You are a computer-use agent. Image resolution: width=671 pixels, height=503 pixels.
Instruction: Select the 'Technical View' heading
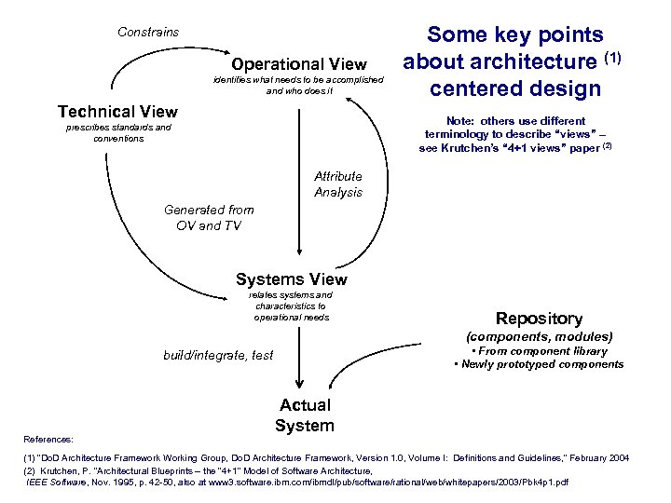(x=117, y=112)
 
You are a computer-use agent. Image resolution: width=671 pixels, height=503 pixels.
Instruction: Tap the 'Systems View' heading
(x=292, y=279)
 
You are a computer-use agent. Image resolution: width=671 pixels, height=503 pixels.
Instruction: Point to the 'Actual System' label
(x=305, y=415)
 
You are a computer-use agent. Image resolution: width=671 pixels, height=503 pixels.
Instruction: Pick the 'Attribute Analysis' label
(x=337, y=184)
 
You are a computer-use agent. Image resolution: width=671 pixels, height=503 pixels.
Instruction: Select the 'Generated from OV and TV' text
(x=208, y=217)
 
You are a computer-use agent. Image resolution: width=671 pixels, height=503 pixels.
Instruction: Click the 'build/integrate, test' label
(x=218, y=355)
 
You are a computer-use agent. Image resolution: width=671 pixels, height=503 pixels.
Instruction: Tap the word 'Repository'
(x=539, y=319)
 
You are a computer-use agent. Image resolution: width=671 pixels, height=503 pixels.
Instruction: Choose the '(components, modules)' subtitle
(x=539, y=335)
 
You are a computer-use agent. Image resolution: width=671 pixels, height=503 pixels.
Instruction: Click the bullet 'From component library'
(x=541, y=351)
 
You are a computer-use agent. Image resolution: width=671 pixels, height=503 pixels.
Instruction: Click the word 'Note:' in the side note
(x=463, y=121)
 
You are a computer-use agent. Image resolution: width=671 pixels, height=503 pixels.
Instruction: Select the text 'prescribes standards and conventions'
(x=118, y=132)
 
